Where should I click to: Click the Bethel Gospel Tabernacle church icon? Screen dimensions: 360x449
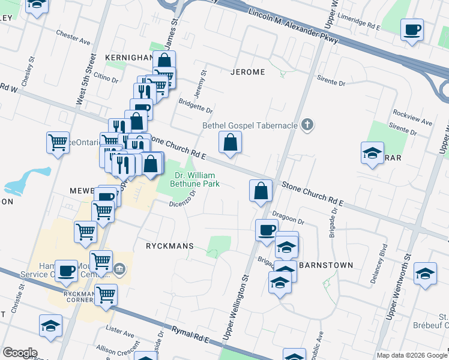coord(307,125)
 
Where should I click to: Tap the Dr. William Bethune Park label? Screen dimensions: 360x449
coord(196,179)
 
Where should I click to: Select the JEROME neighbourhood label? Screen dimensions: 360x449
coord(247,72)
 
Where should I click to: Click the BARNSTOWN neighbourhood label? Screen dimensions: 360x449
coord(325,265)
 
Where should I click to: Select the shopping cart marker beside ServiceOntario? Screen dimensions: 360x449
coord(58,143)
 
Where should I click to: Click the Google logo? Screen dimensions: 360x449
coord(20,353)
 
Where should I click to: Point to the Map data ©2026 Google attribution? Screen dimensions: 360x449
coord(411,355)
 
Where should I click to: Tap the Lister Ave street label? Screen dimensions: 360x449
coord(119,332)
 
